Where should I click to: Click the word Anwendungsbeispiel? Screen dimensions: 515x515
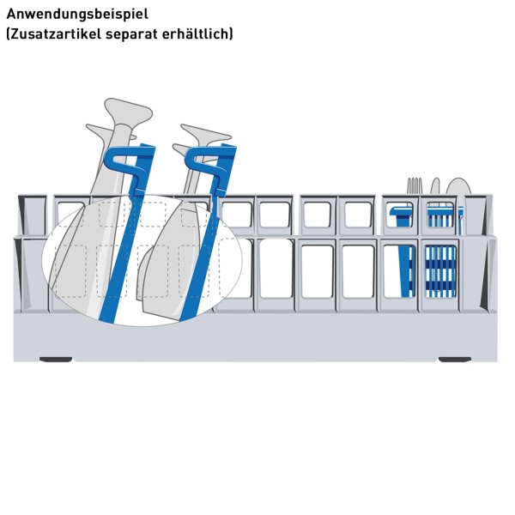pyautogui.click(x=77, y=15)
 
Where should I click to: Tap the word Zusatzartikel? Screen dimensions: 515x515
pyautogui.click(x=55, y=33)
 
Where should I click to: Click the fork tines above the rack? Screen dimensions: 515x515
pyautogui.click(x=415, y=186)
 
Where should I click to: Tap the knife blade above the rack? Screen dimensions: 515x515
pyautogui.click(x=435, y=186)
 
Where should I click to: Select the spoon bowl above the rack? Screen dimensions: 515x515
pyautogui.click(x=457, y=186)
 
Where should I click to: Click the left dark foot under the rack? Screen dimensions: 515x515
pyautogui.click(x=56, y=360)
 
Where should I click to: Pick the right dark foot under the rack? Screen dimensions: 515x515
pyautogui.click(x=455, y=360)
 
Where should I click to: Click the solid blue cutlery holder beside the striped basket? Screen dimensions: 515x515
pyautogui.click(x=403, y=250)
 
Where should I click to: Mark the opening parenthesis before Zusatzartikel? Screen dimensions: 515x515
pyautogui.click(x=9, y=34)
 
